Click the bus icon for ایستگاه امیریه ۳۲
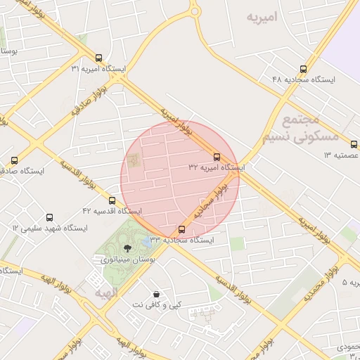[216, 157]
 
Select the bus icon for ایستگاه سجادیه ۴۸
[303, 69]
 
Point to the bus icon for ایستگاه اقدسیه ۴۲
[112, 200]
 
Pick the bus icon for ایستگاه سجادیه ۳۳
[181, 229]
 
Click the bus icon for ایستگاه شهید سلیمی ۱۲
[49, 217]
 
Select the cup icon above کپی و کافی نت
[155, 294]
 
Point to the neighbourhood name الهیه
[93, 293]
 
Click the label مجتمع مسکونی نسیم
[309, 129]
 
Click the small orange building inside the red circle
[134, 160]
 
